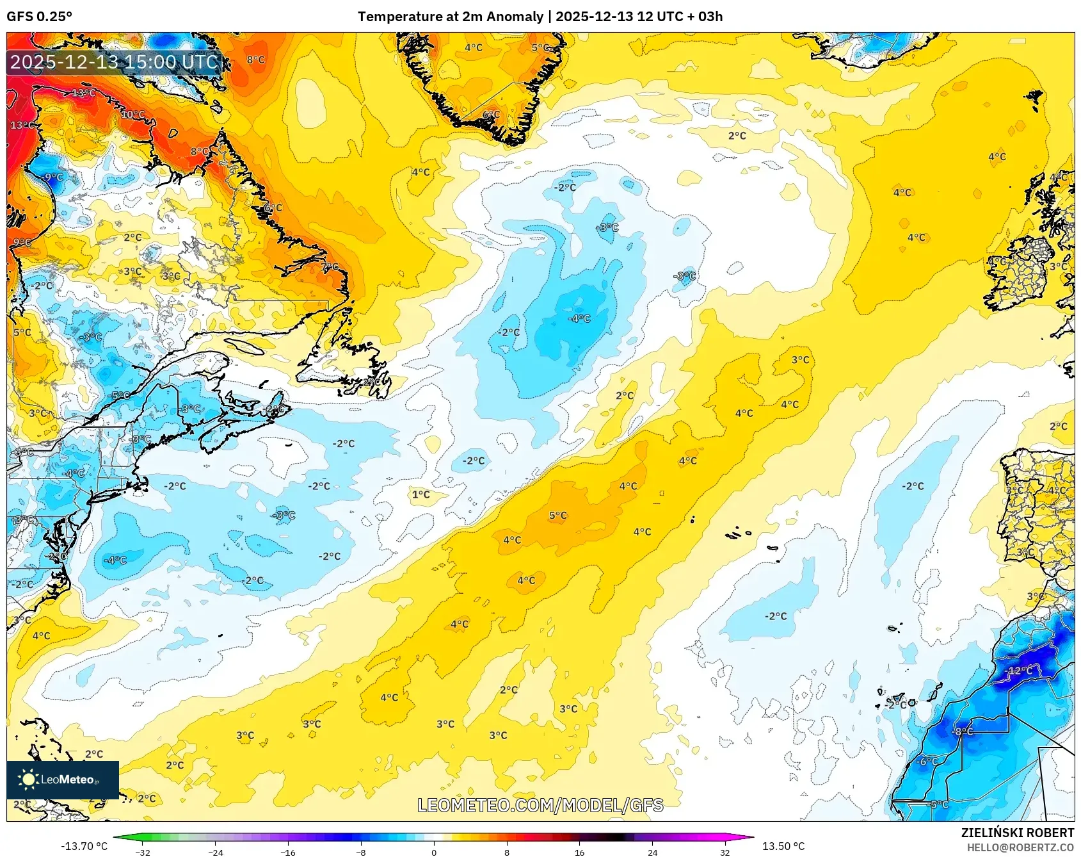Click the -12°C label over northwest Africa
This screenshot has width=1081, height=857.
[x=1020, y=671]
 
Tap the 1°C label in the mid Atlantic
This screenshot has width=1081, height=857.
[x=420, y=494]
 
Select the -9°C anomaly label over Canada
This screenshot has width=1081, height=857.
[x=52, y=177]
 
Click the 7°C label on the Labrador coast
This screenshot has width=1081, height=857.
[x=330, y=266]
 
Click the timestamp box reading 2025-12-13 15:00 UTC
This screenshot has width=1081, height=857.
[x=114, y=62]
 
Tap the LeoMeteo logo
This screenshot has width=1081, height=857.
[x=63, y=779]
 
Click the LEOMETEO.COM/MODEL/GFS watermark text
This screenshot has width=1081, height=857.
[x=540, y=805]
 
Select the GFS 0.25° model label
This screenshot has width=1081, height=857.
[x=40, y=17]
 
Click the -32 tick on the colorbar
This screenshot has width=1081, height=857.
[x=143, y=852]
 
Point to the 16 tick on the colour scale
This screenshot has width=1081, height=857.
[x=579, y=852]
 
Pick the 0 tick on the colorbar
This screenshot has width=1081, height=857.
[x=434, y=852]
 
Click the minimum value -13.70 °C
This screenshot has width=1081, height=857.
[x=84, y=846]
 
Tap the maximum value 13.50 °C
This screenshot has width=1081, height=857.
[x=783, y=846]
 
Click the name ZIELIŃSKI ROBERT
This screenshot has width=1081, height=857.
[x=1017, y=833]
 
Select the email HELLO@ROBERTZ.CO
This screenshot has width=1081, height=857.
[x=1020, y=847]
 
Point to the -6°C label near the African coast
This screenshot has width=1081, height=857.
[x=927, y=761]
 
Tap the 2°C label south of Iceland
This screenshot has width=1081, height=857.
[x=737, y=136]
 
